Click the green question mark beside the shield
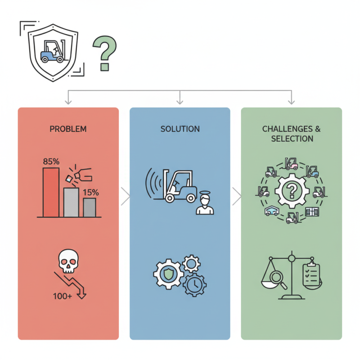tap(105, 53)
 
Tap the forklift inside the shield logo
tap(53, 50)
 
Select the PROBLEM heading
tap(68, 129)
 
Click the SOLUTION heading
tap(180, 129)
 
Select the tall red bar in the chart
tap(51, 192)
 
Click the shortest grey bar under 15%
tap(89, 207)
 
